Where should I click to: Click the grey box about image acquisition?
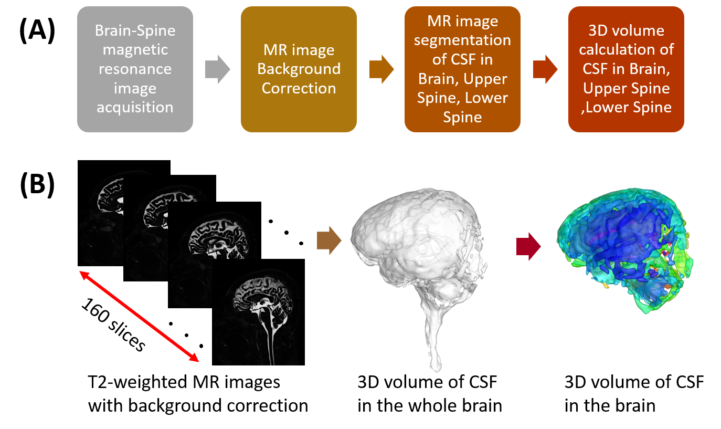pyautogui.click(x=135, y=69)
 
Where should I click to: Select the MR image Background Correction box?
pyautogui.click(x=299, y=69)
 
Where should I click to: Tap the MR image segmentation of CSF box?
pyautogui.click(x=462, y=69)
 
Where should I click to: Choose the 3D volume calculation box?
pyautogui.click(x=626, y=69)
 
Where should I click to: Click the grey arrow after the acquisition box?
pyautogui.click(x=217, y=69)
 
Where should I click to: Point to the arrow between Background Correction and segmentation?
pyautogui.click(x=381, y=69)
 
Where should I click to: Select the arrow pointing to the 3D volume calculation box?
pyautogui.click(x=545, y=69)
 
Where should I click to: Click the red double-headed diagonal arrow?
pyautogui.click(x=140, y=317)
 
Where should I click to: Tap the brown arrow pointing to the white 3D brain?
pyautogui.click(x=329, y=240)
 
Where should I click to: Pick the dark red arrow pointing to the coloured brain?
pyautogui.click(x=528, y=246)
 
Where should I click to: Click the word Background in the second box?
pyautogui.click(x=299, y=69)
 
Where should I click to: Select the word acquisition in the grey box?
pyautogui.click(x=135, y=107)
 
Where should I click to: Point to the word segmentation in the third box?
pyautogui.click(x=462, y=40)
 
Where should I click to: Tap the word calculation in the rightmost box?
pyautogui.click(x=626, y=50)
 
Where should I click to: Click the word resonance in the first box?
pyautogui.click(x=135, y=69)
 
